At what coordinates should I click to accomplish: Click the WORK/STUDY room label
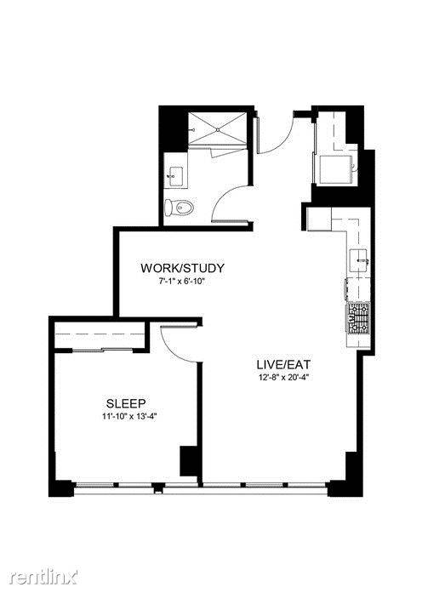coord(182,268)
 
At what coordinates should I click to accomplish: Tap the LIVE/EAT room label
coord(283,365)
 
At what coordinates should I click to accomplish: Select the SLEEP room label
coord(126,403)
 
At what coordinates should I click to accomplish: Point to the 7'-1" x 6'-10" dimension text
coord(181,281)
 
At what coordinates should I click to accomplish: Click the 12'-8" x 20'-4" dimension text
coord(282,377)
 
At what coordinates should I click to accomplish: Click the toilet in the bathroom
coord(180,208)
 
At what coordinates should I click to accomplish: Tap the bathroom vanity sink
coord(176,177)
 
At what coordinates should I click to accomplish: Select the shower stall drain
coord(218,129)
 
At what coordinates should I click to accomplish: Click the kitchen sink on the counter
coord(360,260)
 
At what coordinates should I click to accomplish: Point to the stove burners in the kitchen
coord(358,318)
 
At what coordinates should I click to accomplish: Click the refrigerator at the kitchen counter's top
coord(319,219)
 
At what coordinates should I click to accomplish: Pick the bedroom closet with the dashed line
coord(100,334)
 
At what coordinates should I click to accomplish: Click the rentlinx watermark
coord(44,577)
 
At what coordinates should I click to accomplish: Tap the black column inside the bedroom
coord(188,461)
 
